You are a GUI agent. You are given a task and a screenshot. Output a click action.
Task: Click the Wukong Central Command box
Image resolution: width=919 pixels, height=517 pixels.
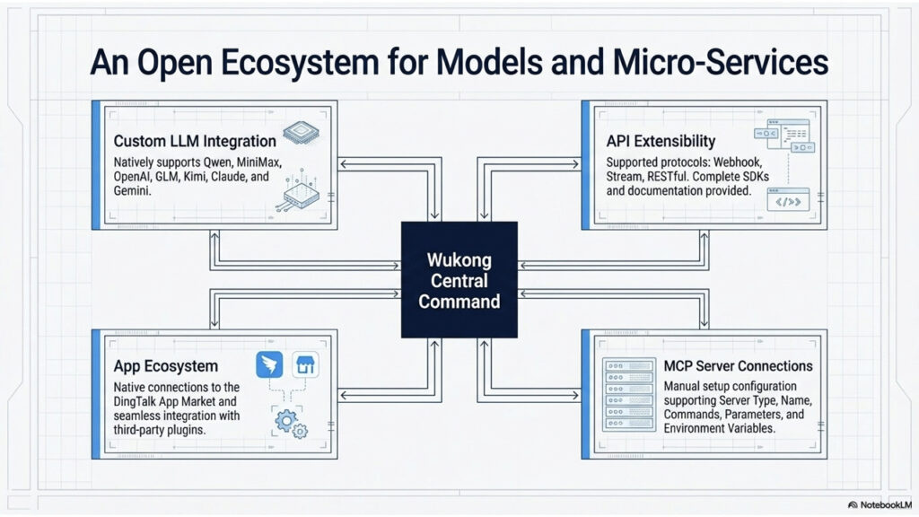pos(459,279)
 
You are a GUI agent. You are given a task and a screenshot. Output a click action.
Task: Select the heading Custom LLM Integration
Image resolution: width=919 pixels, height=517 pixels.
pos(195,141)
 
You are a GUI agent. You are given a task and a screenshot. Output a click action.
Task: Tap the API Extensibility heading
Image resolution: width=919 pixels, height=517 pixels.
pos(661,141)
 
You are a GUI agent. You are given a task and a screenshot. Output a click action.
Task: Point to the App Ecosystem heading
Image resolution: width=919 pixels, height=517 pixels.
pos(165,366)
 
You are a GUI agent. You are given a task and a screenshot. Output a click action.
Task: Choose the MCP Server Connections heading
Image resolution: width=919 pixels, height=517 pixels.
pos(738,366)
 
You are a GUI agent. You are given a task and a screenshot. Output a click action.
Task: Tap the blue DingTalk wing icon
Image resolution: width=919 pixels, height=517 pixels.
pos(269,366)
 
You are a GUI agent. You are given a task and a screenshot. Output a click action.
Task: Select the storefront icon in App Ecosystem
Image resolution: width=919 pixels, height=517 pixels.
pos(306,366)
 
